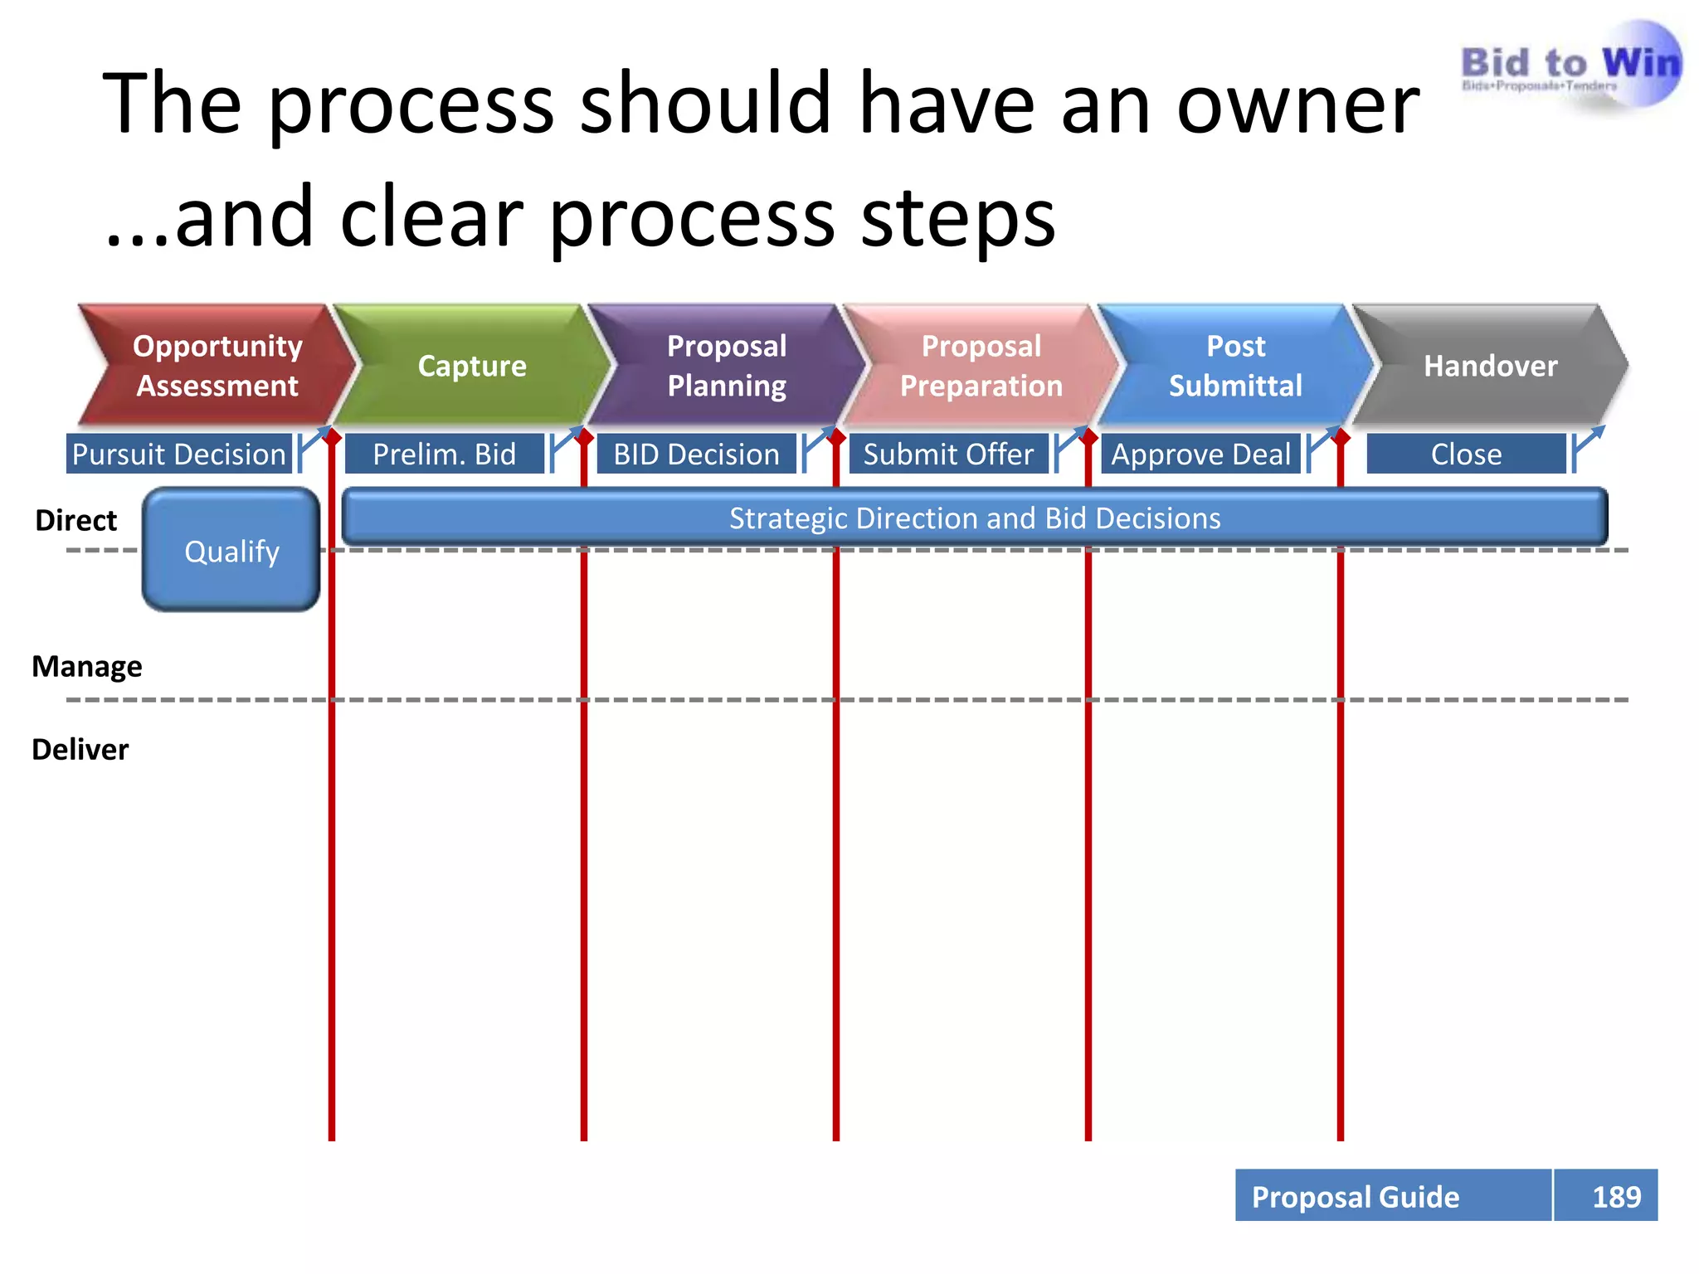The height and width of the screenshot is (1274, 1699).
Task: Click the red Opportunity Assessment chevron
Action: (217, 366)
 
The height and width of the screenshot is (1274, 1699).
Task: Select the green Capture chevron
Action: (472, 366)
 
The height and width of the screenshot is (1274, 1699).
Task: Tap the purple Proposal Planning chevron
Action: (727, 366)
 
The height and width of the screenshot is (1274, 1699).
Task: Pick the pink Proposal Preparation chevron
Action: (981, 366)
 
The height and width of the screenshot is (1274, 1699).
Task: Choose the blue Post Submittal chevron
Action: (1235, 366)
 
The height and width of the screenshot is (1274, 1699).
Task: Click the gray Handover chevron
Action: (1490, 366)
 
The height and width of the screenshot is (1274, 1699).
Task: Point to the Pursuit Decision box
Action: (179, 454)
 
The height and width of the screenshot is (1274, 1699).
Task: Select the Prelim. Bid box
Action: (445, 454)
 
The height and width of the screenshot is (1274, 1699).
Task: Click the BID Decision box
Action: (696, 454)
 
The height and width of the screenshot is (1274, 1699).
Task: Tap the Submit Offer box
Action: (948, 454)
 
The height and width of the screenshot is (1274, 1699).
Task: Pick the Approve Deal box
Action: (1200, 454)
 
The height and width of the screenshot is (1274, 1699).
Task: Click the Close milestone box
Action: (1466, 454)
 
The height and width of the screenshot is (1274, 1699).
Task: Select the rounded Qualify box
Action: (231, 551)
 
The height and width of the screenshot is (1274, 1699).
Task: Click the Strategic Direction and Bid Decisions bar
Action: (975, 518)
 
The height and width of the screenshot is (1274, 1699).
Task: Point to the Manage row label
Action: (87, 666)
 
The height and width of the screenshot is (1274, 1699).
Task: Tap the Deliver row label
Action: (80, 749)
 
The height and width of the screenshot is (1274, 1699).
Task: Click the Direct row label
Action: (76, 520)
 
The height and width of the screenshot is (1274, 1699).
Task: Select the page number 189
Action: (1616, 1196)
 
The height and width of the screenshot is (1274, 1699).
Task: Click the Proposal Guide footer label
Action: (1356, 1196)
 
